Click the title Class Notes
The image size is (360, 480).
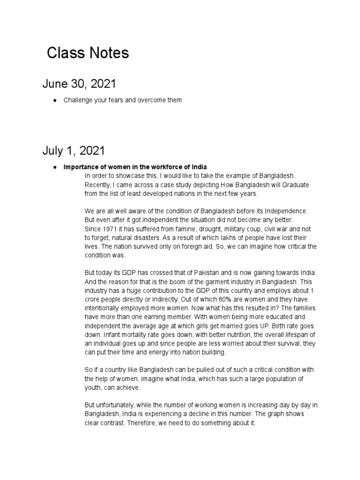(x=88, y=53)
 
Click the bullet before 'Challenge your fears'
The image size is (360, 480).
(x=55, y=100)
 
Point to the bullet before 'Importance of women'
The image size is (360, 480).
(x=55, y=167)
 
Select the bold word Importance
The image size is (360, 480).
(x=80, y=167)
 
